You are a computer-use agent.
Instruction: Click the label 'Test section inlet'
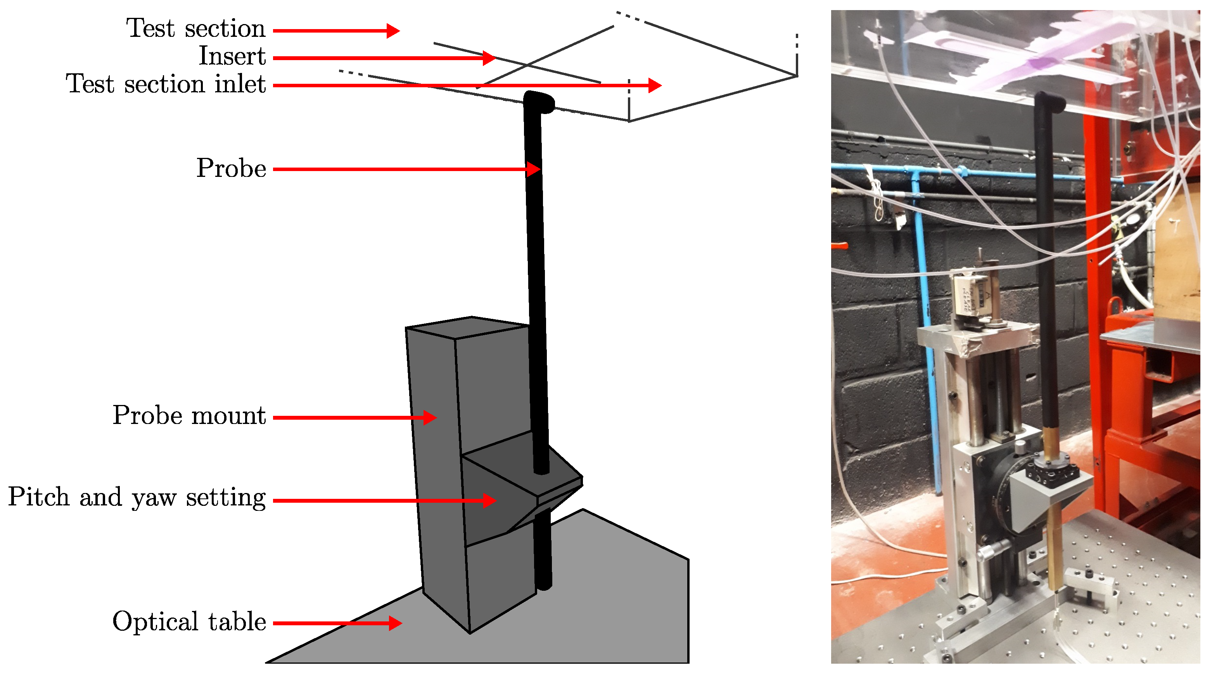166,85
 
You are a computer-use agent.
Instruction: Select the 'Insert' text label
232,57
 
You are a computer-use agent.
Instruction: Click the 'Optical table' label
189,621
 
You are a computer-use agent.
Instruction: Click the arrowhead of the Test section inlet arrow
655,85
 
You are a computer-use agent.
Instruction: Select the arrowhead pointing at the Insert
489,58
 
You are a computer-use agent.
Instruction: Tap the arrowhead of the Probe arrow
534,169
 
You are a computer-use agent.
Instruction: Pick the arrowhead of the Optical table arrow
396,623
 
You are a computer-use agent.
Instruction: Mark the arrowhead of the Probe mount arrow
430,417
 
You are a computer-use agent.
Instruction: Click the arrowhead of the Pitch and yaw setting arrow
490,500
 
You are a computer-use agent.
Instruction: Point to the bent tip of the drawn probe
541,102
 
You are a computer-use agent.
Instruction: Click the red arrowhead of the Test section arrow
393,31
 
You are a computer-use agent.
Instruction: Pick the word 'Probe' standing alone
232,168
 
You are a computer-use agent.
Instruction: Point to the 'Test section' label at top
196,28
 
